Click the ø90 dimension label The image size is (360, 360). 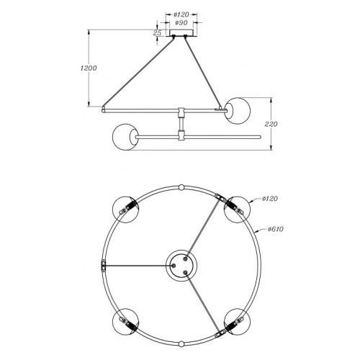[x=181, y=23]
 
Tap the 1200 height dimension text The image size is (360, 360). [x=89, y=68]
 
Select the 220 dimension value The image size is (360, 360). [x=271, y=124]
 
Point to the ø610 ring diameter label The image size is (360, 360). [x=276, y=229]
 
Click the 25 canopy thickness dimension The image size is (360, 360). [x=157, y=33]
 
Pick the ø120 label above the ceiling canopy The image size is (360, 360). [x=181, y=15]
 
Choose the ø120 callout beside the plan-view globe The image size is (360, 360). [x=270, y=199]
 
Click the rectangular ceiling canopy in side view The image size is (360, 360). [x=181, y=33]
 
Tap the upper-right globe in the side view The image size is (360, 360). [x=238, y=111]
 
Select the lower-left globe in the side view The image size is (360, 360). [x=125, y=137]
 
